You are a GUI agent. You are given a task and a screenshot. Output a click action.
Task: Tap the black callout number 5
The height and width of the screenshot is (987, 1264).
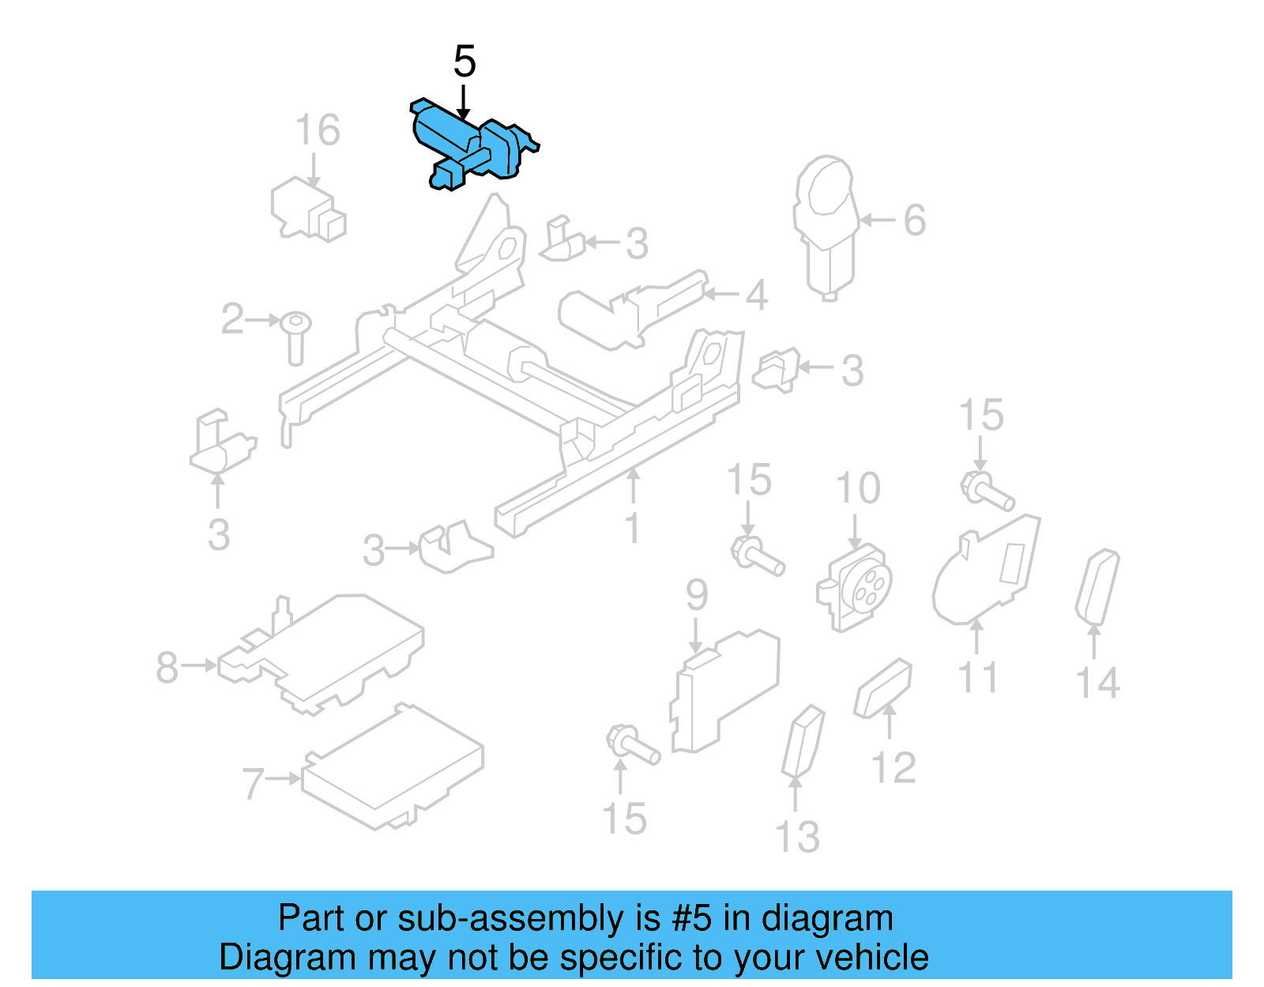click(x=465, y=62)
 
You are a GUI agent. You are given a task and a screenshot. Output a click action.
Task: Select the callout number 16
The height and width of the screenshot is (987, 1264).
click(x=317, y=130)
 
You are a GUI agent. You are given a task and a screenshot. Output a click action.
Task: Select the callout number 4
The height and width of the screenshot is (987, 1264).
click(x=757, y=295)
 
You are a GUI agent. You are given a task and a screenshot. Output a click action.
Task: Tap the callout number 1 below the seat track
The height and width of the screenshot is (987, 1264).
click(x=632, y=528)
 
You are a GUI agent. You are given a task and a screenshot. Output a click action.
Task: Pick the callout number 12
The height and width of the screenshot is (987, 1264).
click(x=893, y=767)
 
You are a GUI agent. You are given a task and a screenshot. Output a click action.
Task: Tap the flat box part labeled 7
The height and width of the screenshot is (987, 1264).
click(x=392, y=767)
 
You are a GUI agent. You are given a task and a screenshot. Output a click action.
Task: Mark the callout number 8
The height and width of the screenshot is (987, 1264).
click(x=167, y=667)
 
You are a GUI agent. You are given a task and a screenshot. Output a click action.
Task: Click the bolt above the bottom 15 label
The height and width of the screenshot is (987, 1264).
click(x=632, y=745)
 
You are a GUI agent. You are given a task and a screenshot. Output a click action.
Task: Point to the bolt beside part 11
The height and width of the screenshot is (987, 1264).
click(x=987, y=491)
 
